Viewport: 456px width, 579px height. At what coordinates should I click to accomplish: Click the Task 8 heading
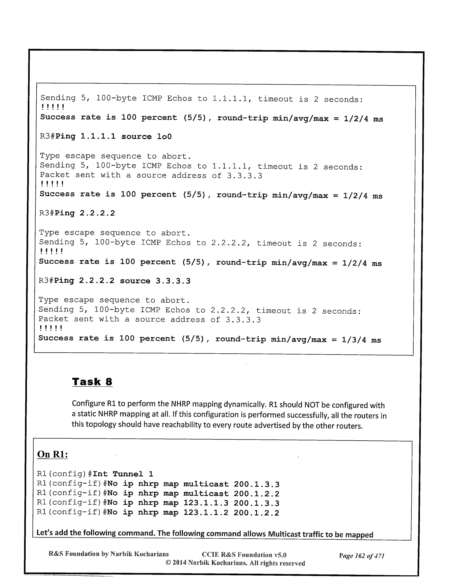coord(92,382)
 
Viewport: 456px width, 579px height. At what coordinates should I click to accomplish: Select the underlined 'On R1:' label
coord(52,454)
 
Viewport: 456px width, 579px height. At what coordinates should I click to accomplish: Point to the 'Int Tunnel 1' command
coord(123,474)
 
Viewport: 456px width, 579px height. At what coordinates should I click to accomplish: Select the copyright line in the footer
coord(235,563)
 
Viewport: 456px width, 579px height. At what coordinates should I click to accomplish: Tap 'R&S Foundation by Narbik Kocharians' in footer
coord(109,554)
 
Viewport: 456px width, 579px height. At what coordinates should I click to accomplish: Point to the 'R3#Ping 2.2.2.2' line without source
coord(77,213)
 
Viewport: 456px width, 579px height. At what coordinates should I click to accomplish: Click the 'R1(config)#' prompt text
coord(64,474)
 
